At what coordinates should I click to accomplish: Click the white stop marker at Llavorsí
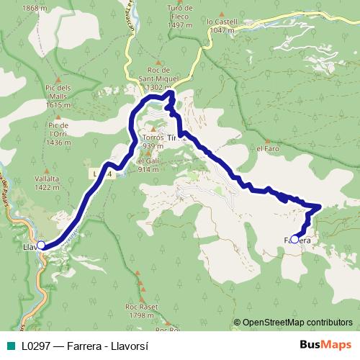41,246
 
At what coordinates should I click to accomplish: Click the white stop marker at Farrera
294,240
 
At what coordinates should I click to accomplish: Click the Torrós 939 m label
153,140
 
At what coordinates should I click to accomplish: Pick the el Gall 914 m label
148,165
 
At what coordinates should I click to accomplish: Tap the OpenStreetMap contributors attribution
297,323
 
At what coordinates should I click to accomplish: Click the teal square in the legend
9,346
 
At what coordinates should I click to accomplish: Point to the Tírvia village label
171,136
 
